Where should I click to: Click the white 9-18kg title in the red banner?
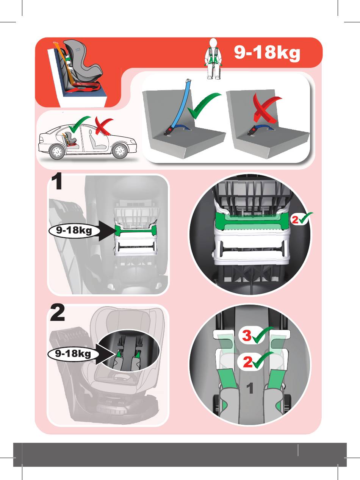(267, 53)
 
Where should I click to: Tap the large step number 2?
(58, 313)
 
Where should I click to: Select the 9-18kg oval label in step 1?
(74, 230)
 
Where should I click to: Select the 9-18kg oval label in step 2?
(73, 353)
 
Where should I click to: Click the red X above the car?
(103, 126)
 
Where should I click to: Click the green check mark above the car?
(79, 124)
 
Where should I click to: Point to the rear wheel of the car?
(57, 152)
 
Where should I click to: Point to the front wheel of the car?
(119, 151)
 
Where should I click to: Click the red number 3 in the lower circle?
(247, 335)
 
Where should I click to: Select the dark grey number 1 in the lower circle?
(250, 388)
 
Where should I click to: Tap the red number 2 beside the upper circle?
(295, 220)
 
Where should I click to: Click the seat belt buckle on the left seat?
(169, 132)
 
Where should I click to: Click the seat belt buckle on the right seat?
(252, 132)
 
